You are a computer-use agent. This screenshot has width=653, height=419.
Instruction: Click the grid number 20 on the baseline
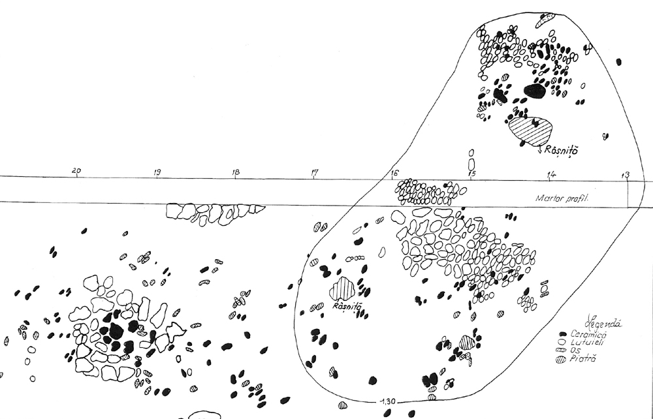coord(77,172)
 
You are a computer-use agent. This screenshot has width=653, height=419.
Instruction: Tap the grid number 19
coord(157,172)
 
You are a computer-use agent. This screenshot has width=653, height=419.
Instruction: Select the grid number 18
coord(235,172)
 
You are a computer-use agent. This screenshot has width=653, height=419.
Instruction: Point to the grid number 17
coord(315,173)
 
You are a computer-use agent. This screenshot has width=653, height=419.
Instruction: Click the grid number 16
coord(394,173)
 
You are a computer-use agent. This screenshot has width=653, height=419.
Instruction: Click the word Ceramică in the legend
coord(586,334)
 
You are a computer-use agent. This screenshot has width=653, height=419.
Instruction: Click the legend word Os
coord(576,350)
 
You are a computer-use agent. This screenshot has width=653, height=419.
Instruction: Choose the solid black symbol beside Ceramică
coord(562,334)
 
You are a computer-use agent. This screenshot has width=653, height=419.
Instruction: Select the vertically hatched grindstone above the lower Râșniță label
coord(342,288)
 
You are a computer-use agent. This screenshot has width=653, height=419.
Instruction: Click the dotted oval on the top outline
coord(545,20)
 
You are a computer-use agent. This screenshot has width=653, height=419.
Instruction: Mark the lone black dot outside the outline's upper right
coord(618,62)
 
